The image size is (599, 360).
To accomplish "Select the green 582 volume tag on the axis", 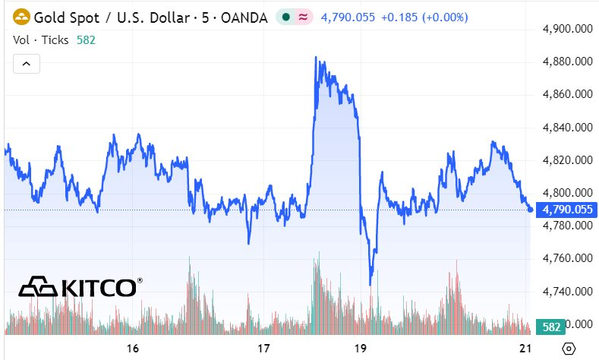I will (552, 327).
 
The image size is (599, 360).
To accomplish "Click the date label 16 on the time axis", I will (133, 349).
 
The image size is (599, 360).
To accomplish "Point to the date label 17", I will (263, 349).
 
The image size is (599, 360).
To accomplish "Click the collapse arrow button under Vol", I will (26, 64).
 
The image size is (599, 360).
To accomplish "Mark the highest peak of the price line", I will (316, 57).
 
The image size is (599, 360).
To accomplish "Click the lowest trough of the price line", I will (370, 284).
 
